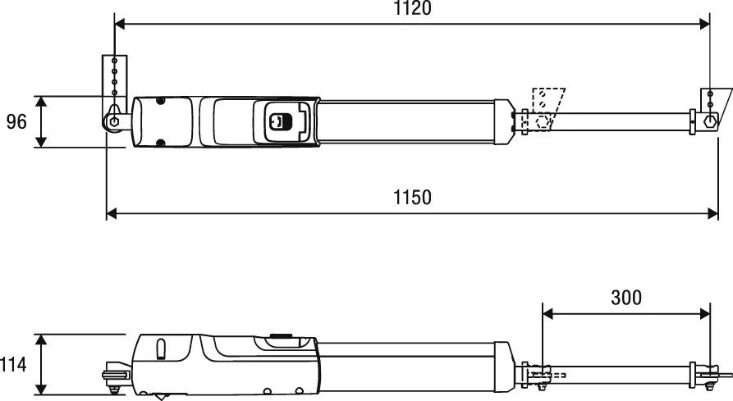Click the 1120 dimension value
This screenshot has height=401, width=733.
click(412, 9)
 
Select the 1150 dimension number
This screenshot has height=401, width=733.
click(412, 197)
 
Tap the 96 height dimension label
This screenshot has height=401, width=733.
click(16, 122)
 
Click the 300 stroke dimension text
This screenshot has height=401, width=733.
click(626, 297)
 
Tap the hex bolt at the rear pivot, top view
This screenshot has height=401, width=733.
click(111, 121)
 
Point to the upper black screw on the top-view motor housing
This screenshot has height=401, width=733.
click(161, 101)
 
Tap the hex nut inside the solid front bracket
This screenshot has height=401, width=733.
click(709, 121)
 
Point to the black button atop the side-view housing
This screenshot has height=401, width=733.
click(279, 335)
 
